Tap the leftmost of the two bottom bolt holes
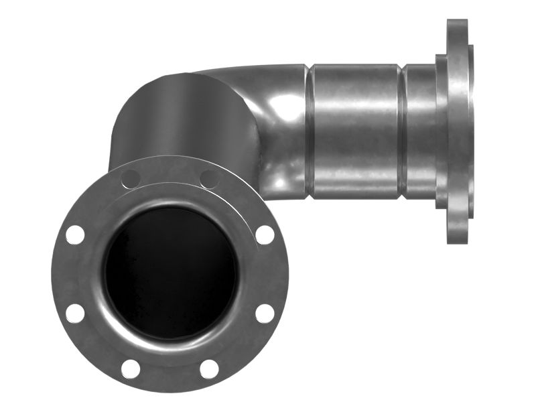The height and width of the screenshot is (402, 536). click(131, 368)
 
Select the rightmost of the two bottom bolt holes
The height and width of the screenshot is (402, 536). click(209, 368)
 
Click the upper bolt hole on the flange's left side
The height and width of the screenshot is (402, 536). click(75, 234)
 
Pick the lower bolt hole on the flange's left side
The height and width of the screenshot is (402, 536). click(75, 313)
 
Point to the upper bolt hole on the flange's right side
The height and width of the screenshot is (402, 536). click(265, 234)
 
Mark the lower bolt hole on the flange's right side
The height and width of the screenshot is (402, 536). click(265, 313)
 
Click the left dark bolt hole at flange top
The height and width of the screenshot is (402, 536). click(131, 179)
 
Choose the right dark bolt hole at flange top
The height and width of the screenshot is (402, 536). click(209, 179)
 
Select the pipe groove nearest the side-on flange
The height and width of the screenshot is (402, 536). click(402, 131)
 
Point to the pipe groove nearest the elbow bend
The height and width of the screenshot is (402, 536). click(310, 131)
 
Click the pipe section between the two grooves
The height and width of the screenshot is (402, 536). click(355, 131)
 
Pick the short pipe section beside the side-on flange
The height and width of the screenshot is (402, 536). click(420, 131)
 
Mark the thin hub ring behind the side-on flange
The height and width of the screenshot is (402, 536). click(442, 131)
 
